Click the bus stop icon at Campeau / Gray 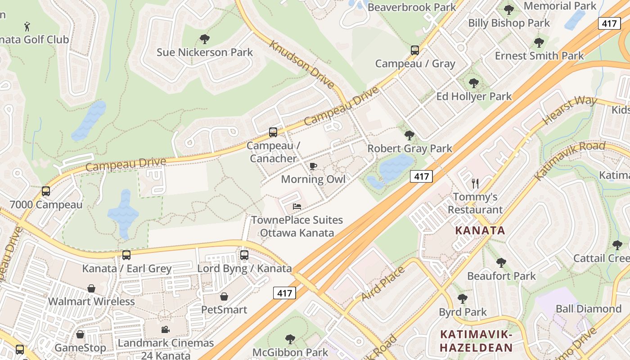415,50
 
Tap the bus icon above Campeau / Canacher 273,132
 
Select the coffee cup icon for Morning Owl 313,166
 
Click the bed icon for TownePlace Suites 297,207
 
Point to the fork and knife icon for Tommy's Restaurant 475,183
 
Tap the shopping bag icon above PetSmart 224,297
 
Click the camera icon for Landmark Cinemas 165,330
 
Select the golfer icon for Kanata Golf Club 27,26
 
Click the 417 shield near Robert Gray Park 421,176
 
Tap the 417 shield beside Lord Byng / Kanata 284,293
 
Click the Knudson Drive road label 302,65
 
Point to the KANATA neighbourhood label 480,231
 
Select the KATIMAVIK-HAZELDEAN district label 476,341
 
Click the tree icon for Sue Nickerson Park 205,39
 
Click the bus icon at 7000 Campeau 46,191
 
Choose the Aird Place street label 383,283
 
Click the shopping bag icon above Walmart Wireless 91,288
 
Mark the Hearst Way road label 570,110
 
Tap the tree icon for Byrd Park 462,299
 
